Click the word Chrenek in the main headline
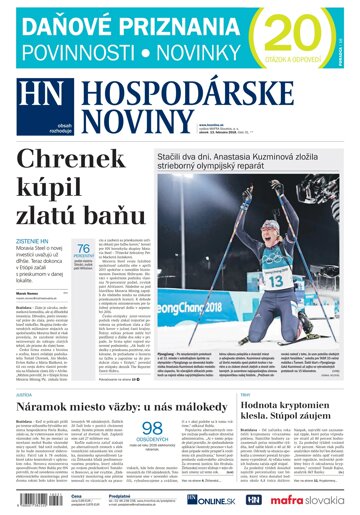(96, 158)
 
